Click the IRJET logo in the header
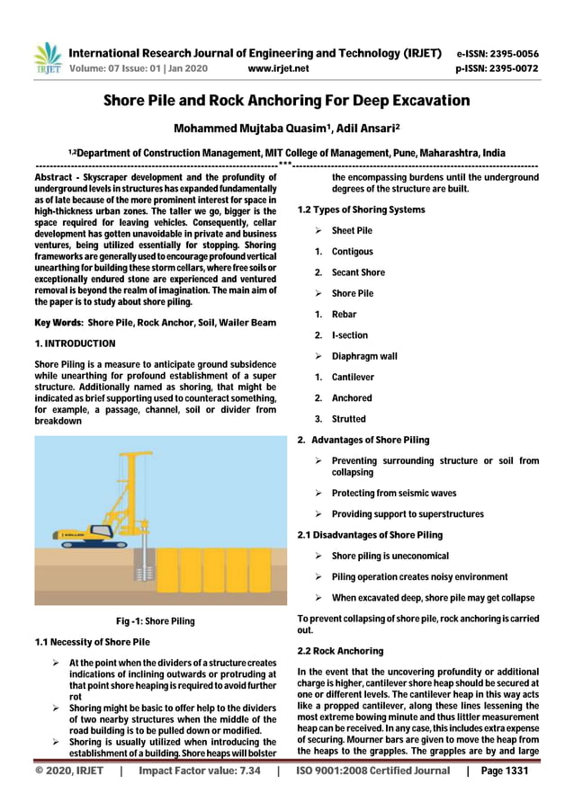point(46,58)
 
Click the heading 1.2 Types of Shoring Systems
point(361,209)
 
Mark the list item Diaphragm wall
point(364,356)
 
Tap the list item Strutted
point(348,419)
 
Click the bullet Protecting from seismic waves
point(393,493)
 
